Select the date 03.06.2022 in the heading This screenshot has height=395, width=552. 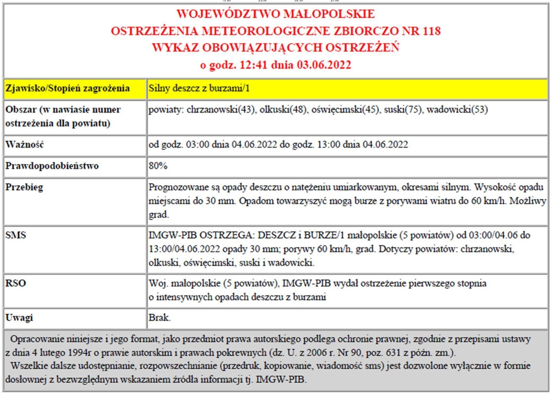[x=324, y=65]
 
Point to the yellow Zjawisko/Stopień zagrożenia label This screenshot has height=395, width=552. [x=68, y=88]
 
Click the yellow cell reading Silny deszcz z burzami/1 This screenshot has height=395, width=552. [x=199, y=88]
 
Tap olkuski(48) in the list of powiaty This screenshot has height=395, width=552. [x=283, y=110]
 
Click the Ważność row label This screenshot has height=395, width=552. [x=24, y=145]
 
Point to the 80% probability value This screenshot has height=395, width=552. [x=158, y=166]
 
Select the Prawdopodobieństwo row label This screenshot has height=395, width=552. [x=52, y=166]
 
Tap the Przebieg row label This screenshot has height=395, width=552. [x=24, y=187]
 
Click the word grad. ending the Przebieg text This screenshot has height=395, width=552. [x=159, y=215]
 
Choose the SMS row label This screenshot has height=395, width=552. [x=15, y=235]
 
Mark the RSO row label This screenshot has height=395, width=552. [x=15, y=283]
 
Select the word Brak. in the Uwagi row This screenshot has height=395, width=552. [x=159, y=318]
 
